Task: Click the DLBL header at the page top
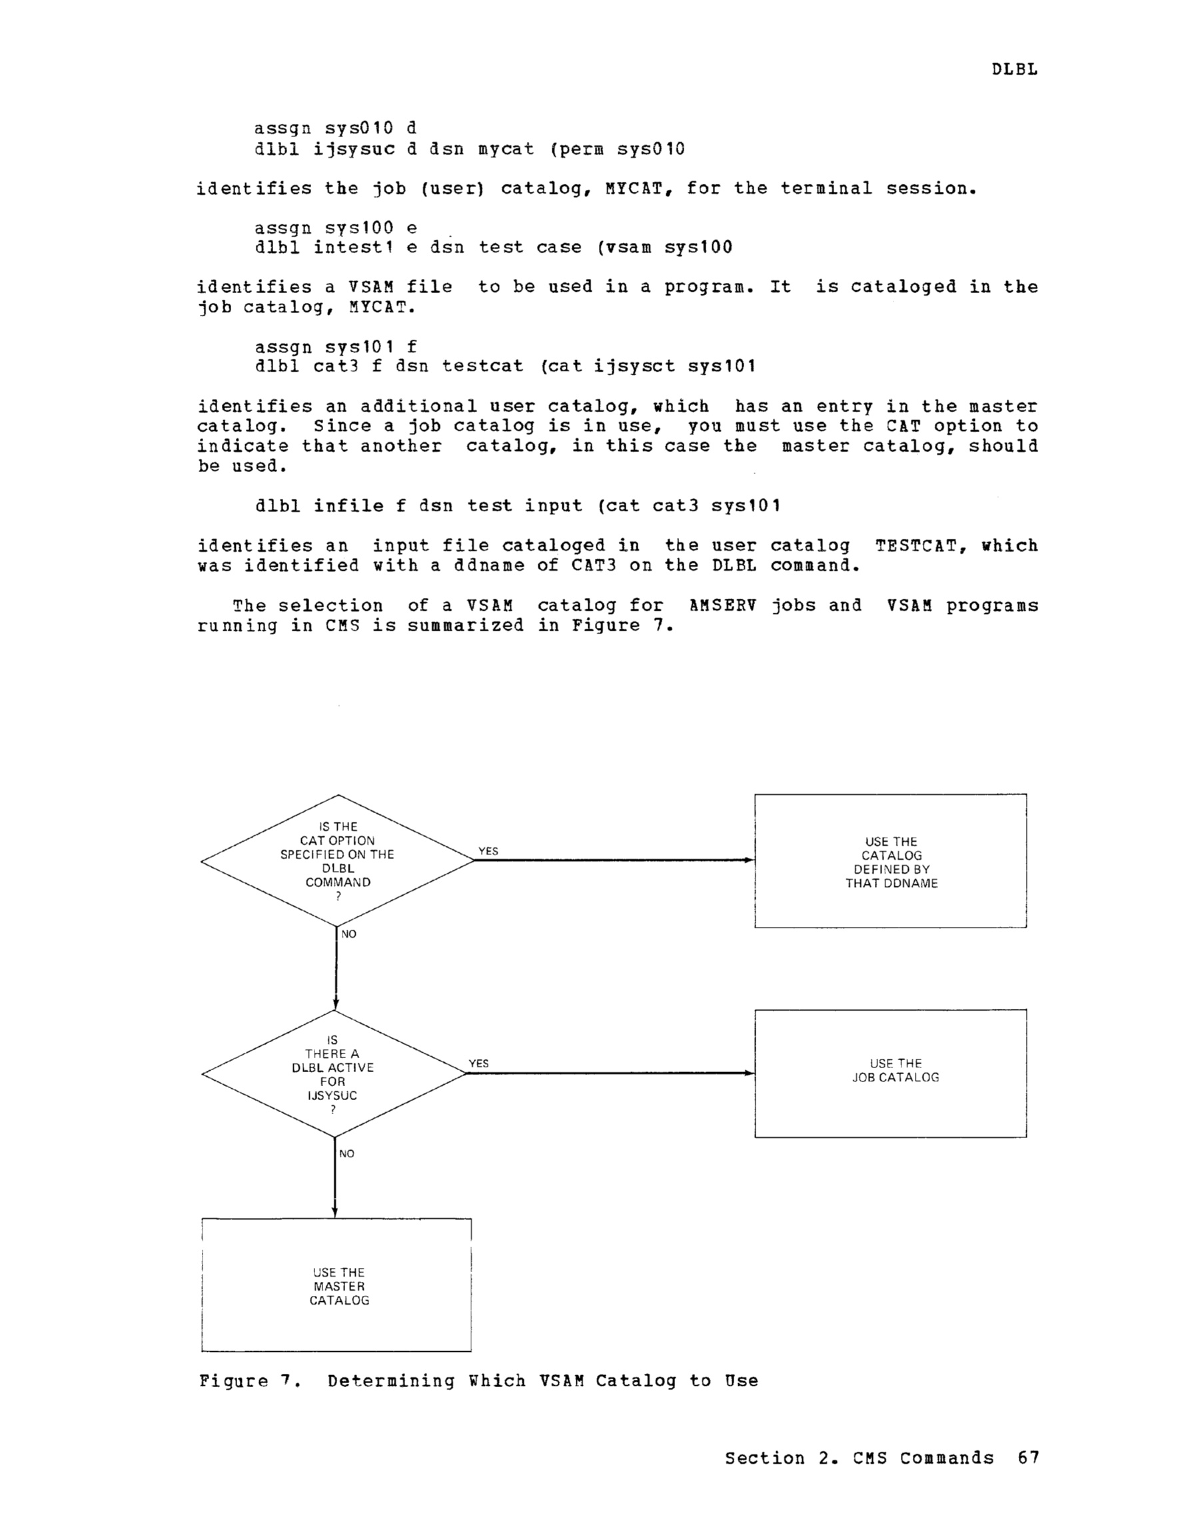coord(1014,69)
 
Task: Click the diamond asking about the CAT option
coord(338,861)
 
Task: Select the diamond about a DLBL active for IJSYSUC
coord(334,1074)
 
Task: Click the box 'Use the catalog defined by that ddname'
coord(891,861)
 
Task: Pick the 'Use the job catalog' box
coord(891,1074)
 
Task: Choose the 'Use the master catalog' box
coord(336,1285)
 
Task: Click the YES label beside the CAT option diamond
coord(488,851)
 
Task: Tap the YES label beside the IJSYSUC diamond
coord(479,1064)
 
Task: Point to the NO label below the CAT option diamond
coord(348,934)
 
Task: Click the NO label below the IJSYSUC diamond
coord(347,1154)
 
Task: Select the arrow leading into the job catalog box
coord(611,1073)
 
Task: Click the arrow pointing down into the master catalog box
coord(335,1177)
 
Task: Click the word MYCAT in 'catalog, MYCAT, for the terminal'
coord(633,188)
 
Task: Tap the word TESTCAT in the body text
coord(916,546)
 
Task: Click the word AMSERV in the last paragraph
coord(722,605)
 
